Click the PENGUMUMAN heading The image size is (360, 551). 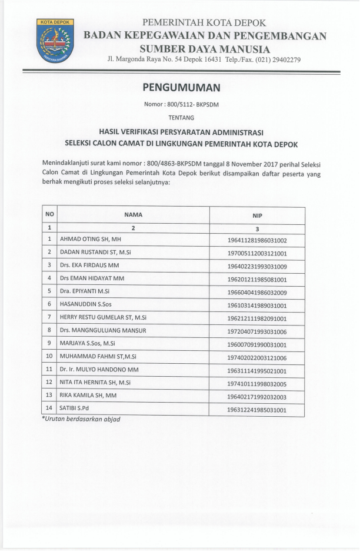pos(181,88)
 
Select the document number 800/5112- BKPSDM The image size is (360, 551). pos(182,105)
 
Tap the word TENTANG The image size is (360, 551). pos(181,117)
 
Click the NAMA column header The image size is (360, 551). pos(134,215)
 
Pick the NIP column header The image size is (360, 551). pos(257,215)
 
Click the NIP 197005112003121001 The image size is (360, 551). pos(257,253)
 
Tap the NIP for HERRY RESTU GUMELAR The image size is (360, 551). pos(257,318)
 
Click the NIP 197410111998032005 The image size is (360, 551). pos(257,383)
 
